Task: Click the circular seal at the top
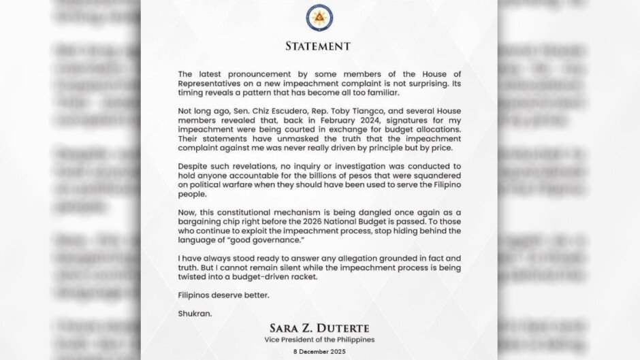click(319, 18)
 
